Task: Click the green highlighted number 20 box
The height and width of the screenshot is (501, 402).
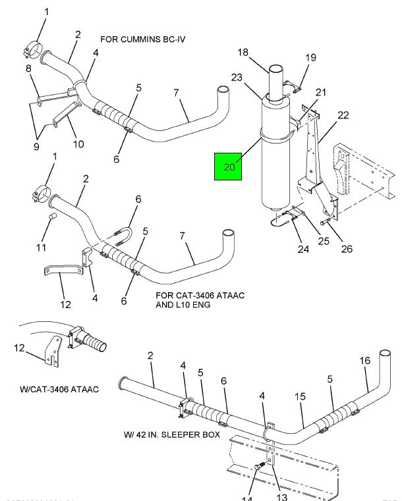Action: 229,167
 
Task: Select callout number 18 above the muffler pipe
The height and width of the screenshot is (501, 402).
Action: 243,53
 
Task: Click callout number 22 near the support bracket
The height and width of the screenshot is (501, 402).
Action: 343,116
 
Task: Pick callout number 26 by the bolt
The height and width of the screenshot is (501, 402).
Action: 347,248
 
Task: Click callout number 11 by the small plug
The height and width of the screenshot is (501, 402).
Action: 42,247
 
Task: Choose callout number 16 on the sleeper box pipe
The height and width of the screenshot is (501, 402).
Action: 365,361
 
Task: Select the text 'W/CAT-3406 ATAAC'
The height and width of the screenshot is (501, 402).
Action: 59,390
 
